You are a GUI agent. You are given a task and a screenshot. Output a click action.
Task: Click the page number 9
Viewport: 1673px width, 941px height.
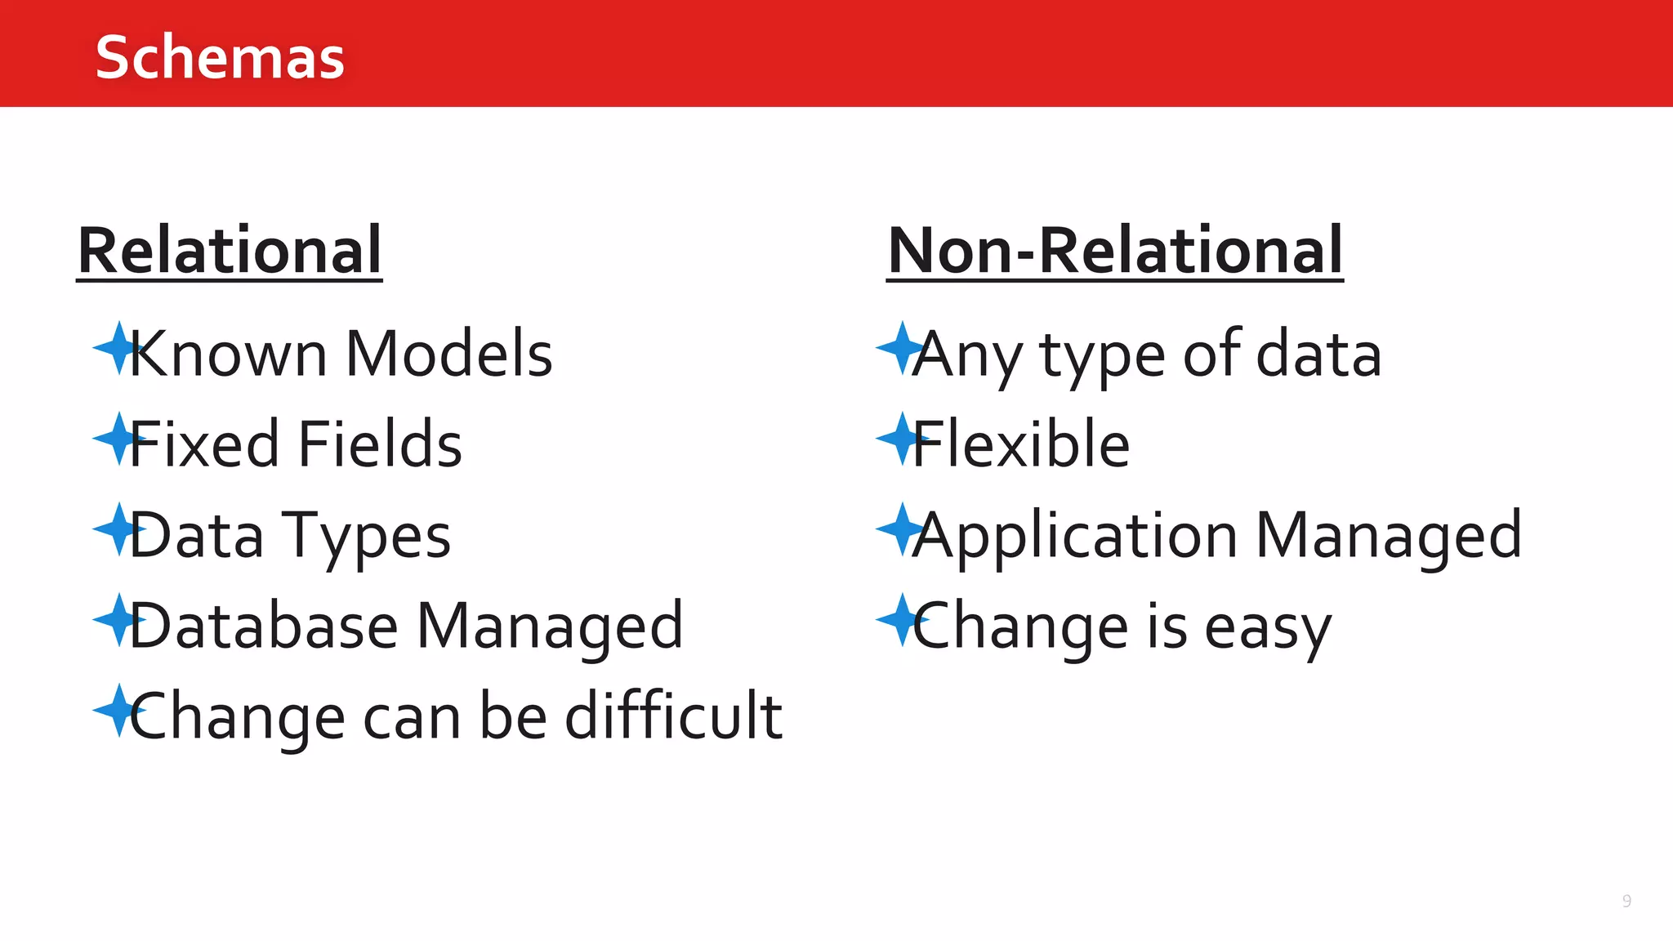point(1626,901)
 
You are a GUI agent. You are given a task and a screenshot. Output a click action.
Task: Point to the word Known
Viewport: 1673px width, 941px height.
point(228,355)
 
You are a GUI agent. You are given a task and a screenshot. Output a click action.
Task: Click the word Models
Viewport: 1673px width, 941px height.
point(449,355)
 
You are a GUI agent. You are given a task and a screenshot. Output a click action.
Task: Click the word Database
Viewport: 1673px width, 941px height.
point(263,626)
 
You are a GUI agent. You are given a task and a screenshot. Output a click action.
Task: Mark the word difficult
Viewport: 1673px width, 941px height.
point(674,716)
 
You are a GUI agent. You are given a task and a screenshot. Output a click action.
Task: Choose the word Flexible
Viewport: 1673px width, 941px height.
point(1021,444)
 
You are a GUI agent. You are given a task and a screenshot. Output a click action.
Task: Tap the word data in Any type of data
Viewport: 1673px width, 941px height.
point(1318,355)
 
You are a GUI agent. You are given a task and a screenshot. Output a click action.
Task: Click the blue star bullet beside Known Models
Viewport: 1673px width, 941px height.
point(117,349)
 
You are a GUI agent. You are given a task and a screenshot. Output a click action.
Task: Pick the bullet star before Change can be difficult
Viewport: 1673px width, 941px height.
point(117,710)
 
